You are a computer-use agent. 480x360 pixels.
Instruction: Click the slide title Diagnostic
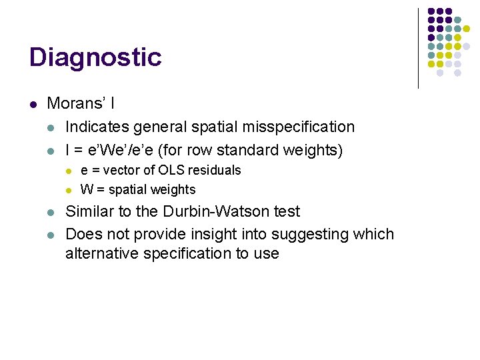point(95,57)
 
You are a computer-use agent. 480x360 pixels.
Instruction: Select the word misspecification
point(302,127)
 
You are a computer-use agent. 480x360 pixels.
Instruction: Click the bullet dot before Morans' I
point(33,104)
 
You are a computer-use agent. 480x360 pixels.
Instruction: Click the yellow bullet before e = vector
point(68,171)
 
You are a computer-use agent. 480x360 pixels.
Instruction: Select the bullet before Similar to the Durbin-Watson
point(51,213)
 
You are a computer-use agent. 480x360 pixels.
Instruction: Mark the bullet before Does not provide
point(51,235)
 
